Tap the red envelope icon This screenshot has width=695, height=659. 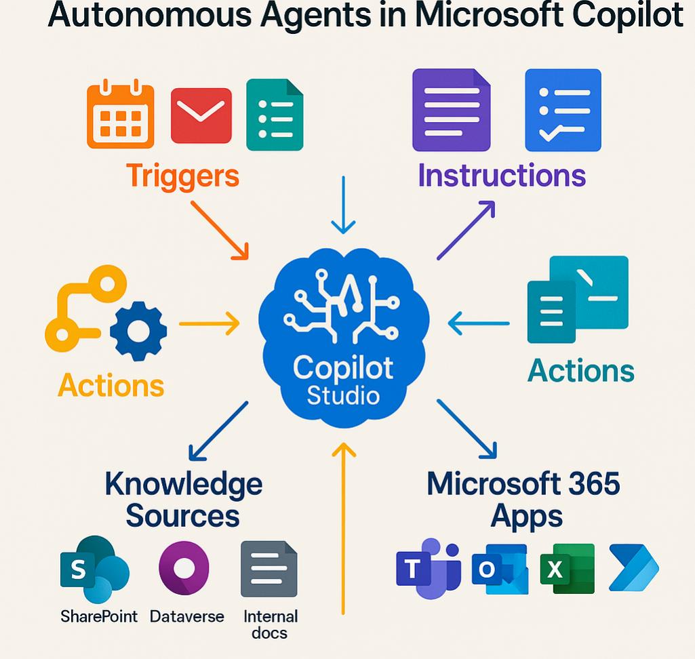click(x=201, y=115)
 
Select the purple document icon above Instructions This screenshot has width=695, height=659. click(x=451, y=110)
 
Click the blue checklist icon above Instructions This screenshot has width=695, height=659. click(x=563, y=110)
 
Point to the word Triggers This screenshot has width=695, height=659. click(x=182, y=176)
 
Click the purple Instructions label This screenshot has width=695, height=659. click(x=501, y=175)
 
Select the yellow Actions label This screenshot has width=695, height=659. click(x=111, y=385)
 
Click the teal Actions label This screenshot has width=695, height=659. click(x=581, y=371)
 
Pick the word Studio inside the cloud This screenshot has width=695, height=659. click(x=343, y=395)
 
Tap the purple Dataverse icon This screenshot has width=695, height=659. click(x=184, y=569)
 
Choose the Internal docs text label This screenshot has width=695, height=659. click(x=270, y=624)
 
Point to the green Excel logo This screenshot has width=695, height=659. click(x=567, y=569)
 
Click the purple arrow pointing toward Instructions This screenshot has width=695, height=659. click(x=466, y=231)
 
